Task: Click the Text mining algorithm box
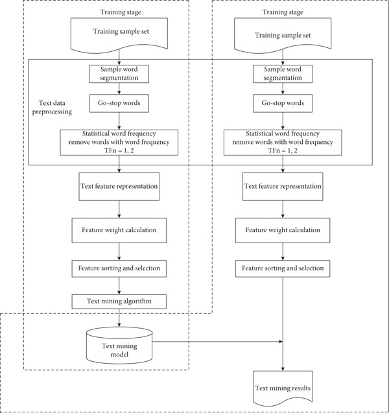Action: [x=119, y=301]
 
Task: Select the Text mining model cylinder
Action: [x=119, y=346]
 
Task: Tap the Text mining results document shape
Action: [x=283, y=388]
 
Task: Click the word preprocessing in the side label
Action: [x=52, y=112]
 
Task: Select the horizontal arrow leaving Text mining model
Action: [x=218, y=342]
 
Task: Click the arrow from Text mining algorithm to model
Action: [x=119, y=318]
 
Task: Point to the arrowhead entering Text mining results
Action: [x=283, y=369]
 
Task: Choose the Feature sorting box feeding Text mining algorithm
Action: [x=119, y=268]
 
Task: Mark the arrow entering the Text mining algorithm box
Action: [x=119, y=286]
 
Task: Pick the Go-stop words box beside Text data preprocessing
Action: [x=119, y=103]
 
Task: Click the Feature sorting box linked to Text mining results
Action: [x=283, y=268]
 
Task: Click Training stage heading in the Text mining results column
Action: [x=283, y=12]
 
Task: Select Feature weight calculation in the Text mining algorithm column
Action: [x=119, y=230]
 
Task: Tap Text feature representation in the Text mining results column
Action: [x=283, y=187]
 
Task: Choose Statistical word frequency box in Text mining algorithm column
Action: [x=119, y=142]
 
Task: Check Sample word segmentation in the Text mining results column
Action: [x=283, y=74]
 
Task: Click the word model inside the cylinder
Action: [x=119, y=355]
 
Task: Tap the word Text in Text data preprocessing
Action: [x=45, y=103]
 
